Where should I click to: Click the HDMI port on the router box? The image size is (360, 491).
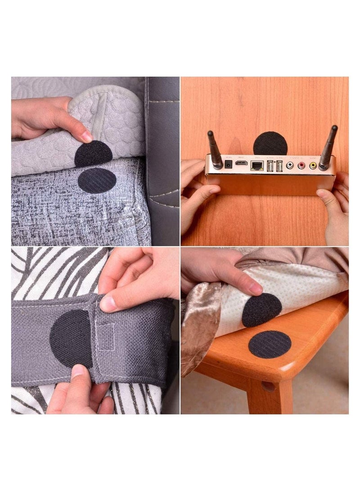click(x=242, y=163)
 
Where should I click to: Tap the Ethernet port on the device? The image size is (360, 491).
click(x=257, y=165)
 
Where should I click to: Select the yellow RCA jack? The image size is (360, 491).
click(x=312, y=165)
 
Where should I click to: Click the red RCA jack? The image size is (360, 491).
click(x=301, y=165)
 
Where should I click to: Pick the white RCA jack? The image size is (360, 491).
click(x=290, y=165)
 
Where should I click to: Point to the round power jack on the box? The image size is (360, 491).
click(x=229, y=164)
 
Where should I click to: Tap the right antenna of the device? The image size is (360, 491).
click(x=329, y=147)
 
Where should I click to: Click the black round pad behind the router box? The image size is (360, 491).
click(x=270, y=143)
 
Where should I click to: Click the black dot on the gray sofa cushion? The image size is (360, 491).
click(x=97, y=180)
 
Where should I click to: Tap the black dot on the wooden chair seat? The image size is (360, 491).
click(x=270, y=344)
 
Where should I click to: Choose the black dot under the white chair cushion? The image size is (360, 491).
click(x=262, y=310)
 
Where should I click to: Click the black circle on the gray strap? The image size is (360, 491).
click(x=71, y=338)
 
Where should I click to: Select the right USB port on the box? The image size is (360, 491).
click(x=279, y=165)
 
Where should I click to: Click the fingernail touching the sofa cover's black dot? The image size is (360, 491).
click(x=86, y=137)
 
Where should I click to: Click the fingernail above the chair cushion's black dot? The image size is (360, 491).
click(x=256, y=288)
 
